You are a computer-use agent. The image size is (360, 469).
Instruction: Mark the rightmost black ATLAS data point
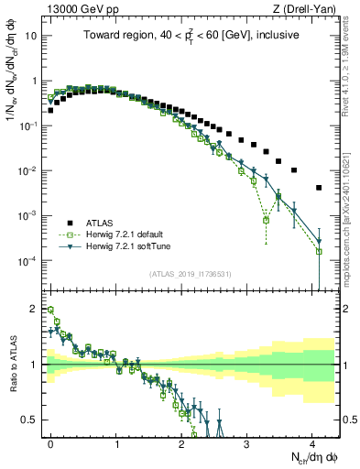(319, 188)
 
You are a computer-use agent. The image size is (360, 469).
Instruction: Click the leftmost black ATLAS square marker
(50, 110)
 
